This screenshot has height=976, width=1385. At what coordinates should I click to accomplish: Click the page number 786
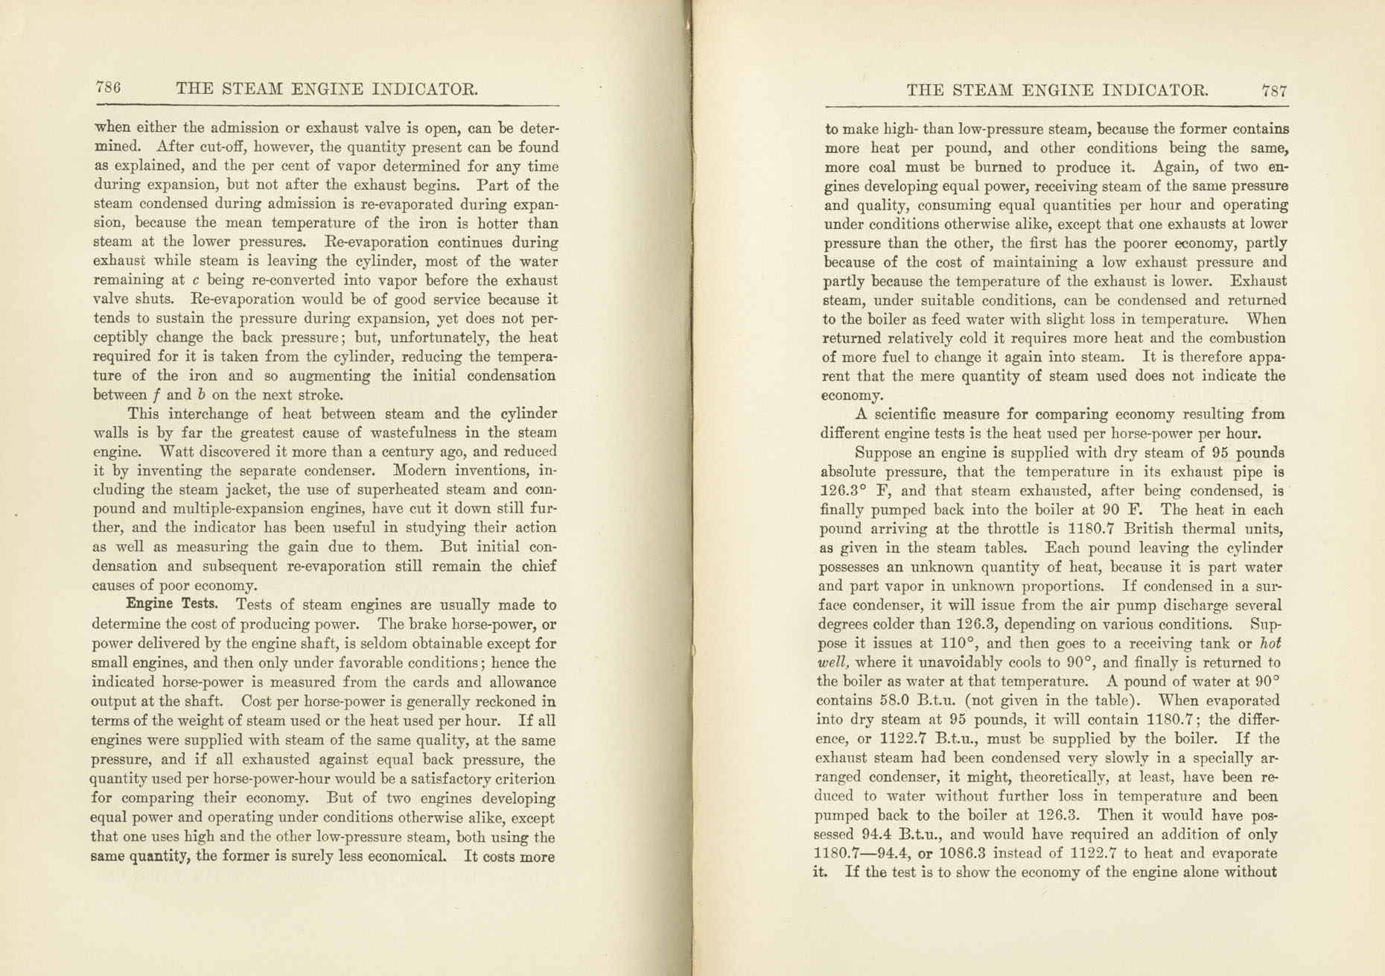point(108,88)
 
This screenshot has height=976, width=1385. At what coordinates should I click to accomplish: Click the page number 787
point(1274,91)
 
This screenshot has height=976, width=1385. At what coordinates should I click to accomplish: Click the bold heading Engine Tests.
point(172,604)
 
